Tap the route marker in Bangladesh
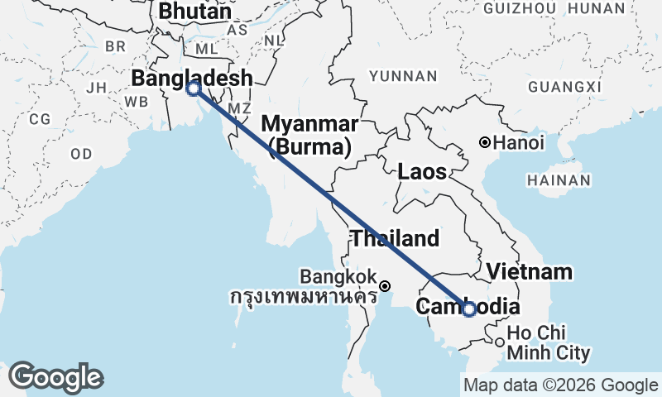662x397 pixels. click(194, 88)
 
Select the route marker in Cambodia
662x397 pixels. click(469, 309)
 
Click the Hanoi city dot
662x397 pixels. click(485, 142)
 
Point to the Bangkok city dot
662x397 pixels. click(385, 286)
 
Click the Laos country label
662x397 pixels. click(422, 172)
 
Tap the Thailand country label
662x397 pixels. click(395, 239)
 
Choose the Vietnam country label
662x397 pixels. click(529, 271)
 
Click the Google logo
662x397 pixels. click(55, 377)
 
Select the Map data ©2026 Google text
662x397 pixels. click(559, 385)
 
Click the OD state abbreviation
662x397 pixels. click(81, 154)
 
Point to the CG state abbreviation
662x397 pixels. click(40, 119)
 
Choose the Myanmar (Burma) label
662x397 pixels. click(309, 136)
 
